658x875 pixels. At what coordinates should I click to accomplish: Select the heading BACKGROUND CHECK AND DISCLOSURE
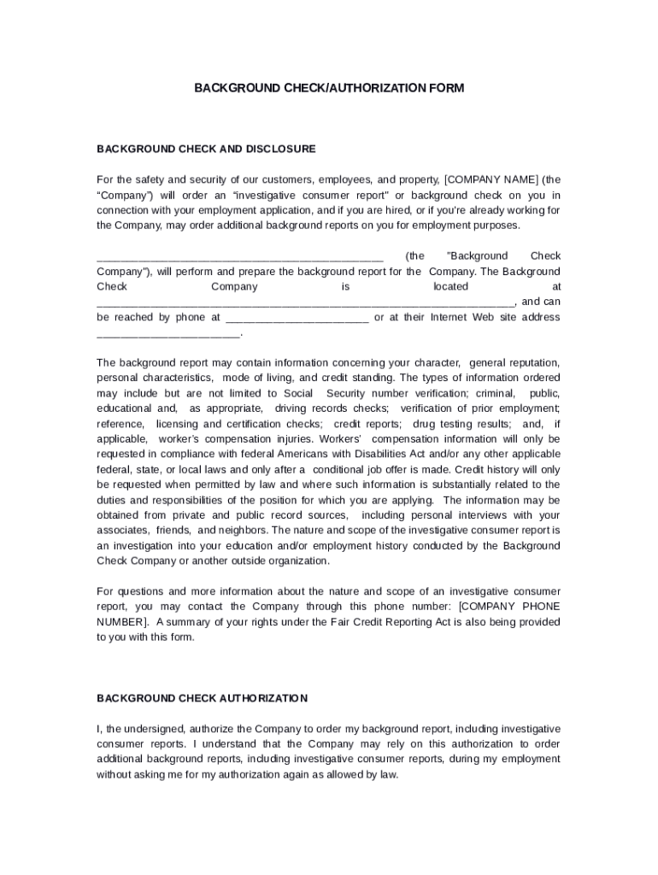[206, 149]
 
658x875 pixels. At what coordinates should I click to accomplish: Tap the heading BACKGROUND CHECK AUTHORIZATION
[202, 698]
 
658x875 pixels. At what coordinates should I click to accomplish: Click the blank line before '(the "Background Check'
[240, 256]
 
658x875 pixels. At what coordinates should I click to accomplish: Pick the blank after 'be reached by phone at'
[296, 318]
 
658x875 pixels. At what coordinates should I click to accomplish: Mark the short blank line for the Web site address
[169, 333]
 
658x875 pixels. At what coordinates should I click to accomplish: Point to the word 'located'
[450, 287]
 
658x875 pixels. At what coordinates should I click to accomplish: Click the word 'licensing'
[178, 424]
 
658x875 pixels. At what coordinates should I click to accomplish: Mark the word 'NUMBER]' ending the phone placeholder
[122, 622]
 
